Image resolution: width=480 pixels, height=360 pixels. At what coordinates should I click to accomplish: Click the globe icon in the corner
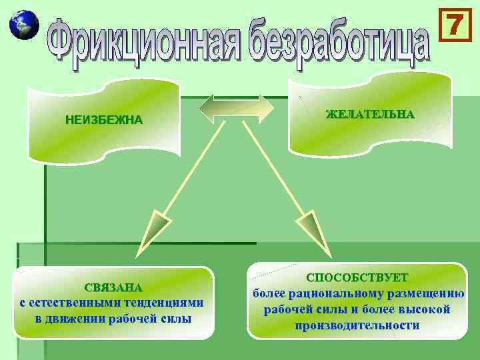point(23,25)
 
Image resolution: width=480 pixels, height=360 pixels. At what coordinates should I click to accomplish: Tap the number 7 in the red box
point(453,25)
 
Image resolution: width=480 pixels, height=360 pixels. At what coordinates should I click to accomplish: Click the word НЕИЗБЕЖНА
point(103,121)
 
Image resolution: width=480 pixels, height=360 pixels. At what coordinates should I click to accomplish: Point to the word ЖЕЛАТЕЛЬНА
point(370,114)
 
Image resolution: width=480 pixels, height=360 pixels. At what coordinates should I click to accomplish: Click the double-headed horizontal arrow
point(237,108)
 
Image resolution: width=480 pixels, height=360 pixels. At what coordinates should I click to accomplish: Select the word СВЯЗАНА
point(113,288)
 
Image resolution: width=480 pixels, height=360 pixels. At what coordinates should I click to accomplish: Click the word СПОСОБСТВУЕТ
point(357,277)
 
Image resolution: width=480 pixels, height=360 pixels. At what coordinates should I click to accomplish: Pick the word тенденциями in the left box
point(167,303)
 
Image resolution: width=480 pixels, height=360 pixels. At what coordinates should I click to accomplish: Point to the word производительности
point(357,325)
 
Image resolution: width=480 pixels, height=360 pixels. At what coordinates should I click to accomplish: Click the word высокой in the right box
point(427,309)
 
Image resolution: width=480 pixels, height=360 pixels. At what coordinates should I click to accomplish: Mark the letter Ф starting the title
point(61,41)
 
